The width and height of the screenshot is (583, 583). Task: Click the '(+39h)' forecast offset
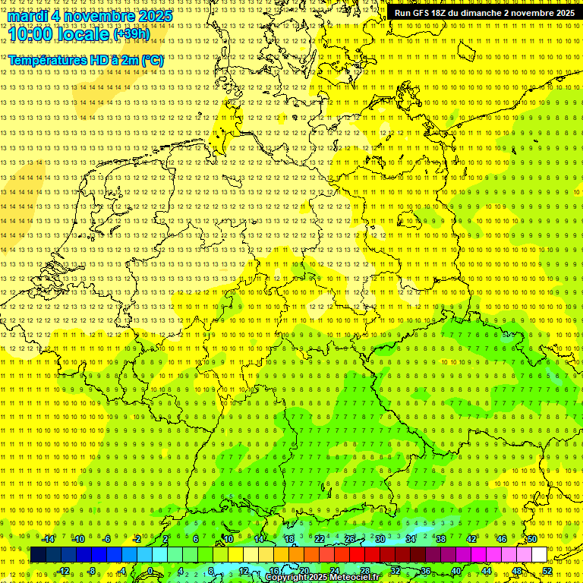pyautogui.click(x=131, y=34)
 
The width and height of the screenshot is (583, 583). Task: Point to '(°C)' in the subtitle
pyautogui.click(x=151, y=59)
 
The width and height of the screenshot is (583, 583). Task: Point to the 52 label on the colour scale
pyautogui.click(x=547, y=571)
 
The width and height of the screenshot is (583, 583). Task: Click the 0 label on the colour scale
pyautogui.click(x=150, y=571)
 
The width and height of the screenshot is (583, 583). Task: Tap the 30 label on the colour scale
pyautogui.click(x=380, y=539)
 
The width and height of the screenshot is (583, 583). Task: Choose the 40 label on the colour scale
pyautogui.click(x=455, y=571)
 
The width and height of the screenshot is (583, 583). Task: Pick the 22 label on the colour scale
pyautogui.click(x=320, y=539)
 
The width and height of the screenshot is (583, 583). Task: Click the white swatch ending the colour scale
pyautogui.click(x=539, y=555)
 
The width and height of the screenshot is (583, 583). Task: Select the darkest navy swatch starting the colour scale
pyautogui.click(x=39, y=555)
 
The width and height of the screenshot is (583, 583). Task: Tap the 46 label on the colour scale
pyautogui.click(x=501, y=539)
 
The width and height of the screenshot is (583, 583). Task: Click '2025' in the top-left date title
pyautogui.click(x=153, y=16)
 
